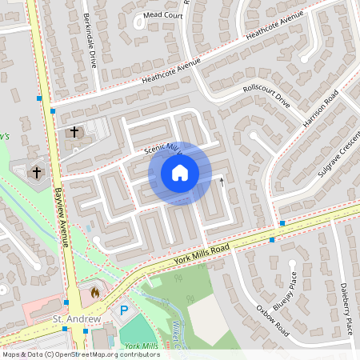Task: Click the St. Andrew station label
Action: click(x=77, y=320)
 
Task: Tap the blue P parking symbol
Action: click(x=123, y=310)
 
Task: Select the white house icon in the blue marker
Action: click(x=180, y=172)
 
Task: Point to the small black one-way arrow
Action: click(x=222, y=182)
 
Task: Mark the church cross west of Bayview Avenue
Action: click(x=37, y=172)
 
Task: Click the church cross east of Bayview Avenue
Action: click(x=74, y=131)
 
